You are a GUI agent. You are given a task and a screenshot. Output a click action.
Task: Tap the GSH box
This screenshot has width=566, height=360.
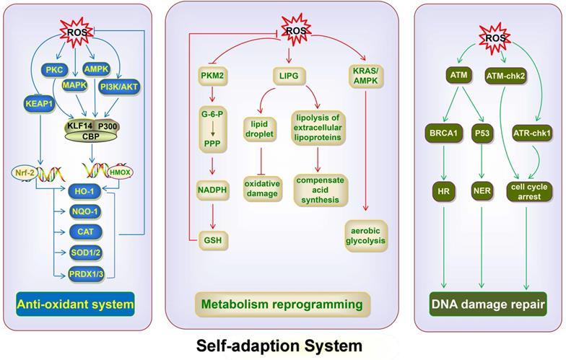[213, 237]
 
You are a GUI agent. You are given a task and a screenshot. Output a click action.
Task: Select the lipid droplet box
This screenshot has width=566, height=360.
[261, 130]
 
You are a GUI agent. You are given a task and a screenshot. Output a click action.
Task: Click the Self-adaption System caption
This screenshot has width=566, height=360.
[279, 346]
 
